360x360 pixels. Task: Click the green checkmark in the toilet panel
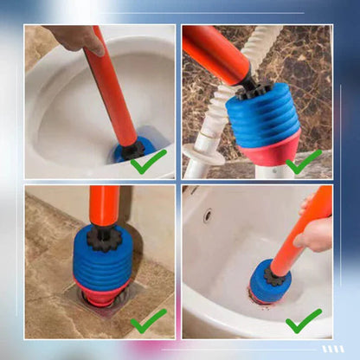(148, 161)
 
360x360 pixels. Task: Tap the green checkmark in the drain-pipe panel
(305, 162)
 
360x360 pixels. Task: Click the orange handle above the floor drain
(105, 206)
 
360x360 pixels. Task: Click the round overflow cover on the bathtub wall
(208, 215)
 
